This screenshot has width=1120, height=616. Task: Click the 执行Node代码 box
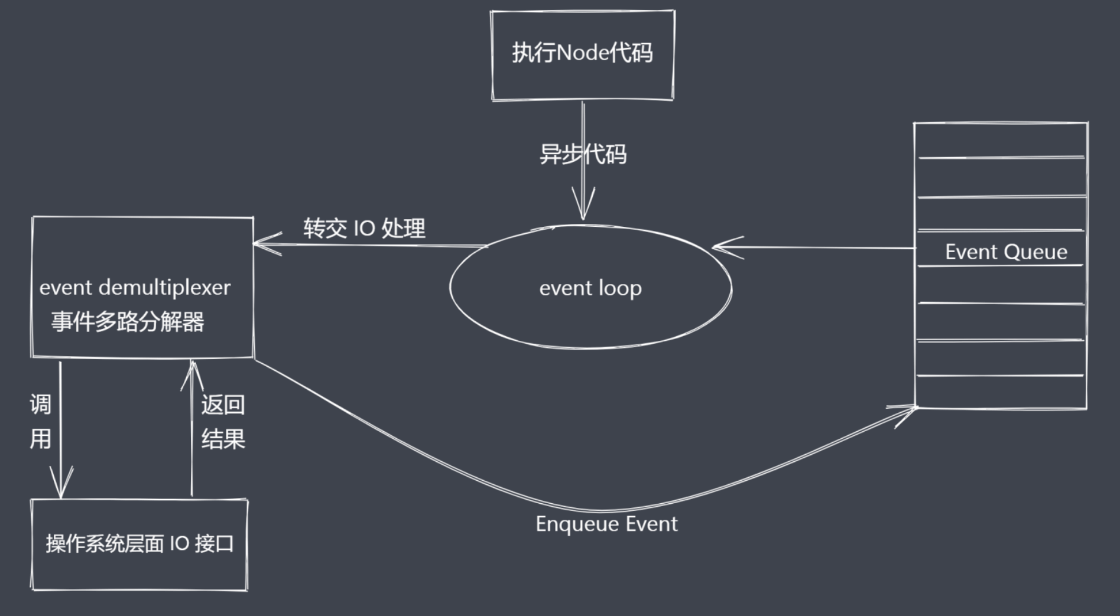[x=582, y=56]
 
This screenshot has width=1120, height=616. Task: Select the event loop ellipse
[x=590, y=288]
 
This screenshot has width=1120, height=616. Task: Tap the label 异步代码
[x=583, y=154]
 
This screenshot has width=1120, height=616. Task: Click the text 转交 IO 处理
[x=364, y=229]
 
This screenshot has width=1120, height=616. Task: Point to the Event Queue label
[x=1006, y=252]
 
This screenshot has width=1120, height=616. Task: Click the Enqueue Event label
[x=606, y=524]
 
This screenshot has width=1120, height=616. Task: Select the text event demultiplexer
[x=135, y=288]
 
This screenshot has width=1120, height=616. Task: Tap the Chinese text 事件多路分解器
[x=128, y=322]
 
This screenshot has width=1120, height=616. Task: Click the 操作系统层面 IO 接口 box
[x=139, y=544]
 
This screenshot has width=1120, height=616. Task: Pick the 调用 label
[x=40, y=422]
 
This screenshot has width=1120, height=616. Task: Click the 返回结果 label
[x=223, y=422]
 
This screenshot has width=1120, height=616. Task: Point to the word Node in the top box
[x=583, y=53]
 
